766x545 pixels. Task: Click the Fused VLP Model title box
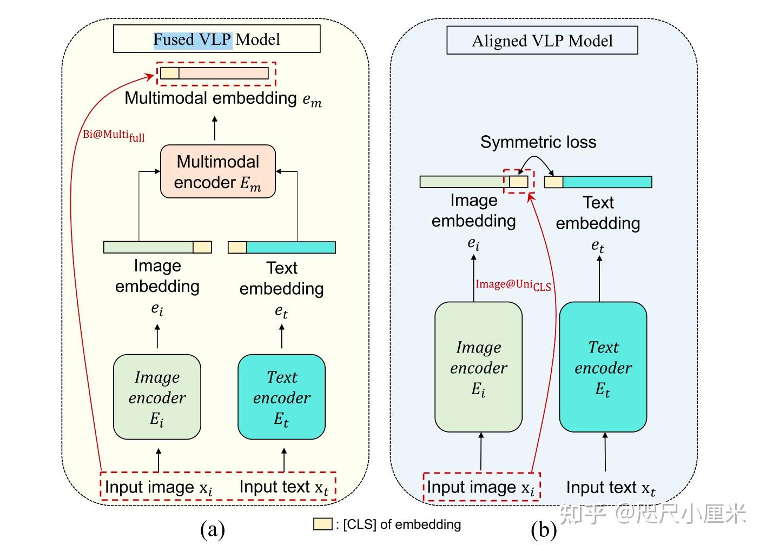coord(216,39)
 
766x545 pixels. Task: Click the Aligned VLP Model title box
coord(542,41)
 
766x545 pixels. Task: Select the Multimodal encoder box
coord(218,171)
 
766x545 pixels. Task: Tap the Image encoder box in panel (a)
coord(157,397)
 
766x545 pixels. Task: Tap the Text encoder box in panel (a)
coord(281,397)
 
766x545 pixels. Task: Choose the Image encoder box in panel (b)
coord(478,367)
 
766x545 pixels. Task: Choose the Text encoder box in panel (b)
coord(603,367)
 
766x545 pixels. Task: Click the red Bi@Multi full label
coord(114,135)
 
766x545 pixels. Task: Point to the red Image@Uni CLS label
coord(513,284)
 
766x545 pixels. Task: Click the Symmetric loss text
coord(538,142)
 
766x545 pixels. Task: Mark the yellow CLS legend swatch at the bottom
coord(322,523)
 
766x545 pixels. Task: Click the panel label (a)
coord(212,529)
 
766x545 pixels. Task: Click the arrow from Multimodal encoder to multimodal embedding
coord(215,129)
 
